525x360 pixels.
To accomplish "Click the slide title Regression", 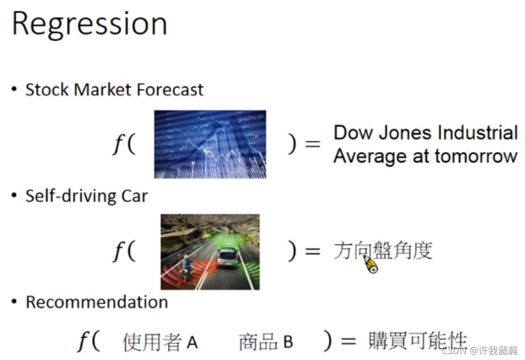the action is coord(89,24).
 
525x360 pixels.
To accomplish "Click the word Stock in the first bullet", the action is coord(46,89).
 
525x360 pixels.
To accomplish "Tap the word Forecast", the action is coord(170,89).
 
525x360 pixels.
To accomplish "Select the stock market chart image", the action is coord(210,144).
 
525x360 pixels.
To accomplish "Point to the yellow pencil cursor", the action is coord(371,264).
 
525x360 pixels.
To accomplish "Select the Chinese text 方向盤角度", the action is coord(382,250).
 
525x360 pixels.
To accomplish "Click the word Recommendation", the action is coord(97,302).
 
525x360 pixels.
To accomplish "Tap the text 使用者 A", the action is coord(160,342).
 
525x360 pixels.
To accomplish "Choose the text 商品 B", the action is coord(266,342).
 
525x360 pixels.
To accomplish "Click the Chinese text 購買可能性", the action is coord(417,341).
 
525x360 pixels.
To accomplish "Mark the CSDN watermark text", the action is coord(480,350).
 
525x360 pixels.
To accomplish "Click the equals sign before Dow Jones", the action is coord(312,144).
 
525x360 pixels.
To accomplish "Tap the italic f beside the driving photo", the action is coord(118,250).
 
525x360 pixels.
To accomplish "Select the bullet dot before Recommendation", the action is coord(13,301).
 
